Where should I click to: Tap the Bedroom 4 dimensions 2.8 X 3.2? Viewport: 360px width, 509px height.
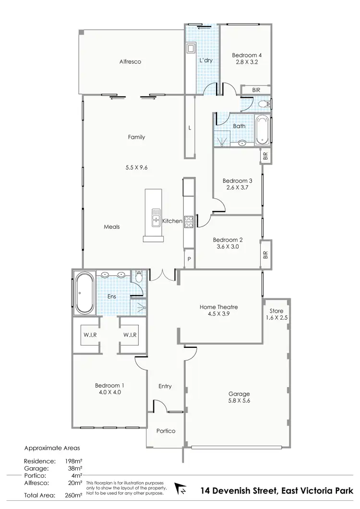pos(246,61)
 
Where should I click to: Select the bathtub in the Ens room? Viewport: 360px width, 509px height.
pos(84,293)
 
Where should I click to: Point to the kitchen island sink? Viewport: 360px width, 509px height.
pos(156,218)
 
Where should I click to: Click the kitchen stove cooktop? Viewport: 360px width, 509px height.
pos(189,221)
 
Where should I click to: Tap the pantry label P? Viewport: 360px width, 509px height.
pos(189,259)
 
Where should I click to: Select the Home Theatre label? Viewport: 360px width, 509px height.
pos(219,307)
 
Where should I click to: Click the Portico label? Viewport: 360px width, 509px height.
pos(166,431)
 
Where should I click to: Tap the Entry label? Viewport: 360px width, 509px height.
pos(165,386)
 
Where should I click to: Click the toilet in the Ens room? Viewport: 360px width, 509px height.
pos(139,277)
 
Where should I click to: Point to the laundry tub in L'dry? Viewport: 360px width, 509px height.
pos(191,48)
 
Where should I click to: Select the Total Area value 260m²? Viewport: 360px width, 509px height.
pos(72,494)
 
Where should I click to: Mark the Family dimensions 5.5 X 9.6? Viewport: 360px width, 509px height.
pos(136,168)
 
